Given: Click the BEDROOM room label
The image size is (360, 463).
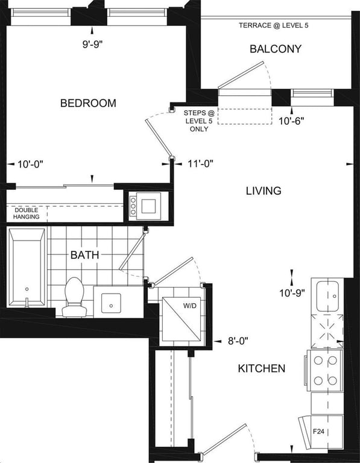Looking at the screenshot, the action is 88,103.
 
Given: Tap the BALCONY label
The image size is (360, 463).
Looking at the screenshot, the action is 276,49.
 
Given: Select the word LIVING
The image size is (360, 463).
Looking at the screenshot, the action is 264,191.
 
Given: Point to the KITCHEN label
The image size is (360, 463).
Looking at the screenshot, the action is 262,368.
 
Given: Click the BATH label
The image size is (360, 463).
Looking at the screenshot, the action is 84,255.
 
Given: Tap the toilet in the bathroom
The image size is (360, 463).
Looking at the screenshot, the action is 74,297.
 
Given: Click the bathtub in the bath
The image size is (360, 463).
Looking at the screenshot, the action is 27,268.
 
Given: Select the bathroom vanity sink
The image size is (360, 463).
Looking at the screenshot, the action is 111,303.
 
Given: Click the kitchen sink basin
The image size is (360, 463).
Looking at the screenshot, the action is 327,296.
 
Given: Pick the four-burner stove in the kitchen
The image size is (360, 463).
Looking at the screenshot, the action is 325,371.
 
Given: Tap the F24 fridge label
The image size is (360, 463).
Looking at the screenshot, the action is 318,432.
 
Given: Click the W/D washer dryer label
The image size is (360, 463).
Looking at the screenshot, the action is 189,306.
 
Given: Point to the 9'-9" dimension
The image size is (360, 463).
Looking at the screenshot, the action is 92,44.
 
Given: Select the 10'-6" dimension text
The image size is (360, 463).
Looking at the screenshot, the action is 291,121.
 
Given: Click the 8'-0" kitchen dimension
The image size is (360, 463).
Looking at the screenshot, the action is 238,341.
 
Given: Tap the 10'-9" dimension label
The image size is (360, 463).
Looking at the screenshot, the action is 292,293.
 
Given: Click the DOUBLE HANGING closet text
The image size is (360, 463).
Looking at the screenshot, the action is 27,213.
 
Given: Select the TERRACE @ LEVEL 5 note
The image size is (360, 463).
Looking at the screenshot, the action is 274,25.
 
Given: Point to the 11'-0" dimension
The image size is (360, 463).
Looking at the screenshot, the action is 201,163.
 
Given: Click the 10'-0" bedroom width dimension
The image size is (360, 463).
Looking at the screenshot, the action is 30,164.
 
